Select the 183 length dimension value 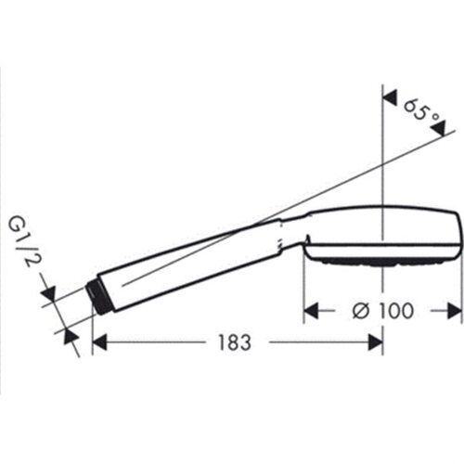pyautogui.click(x=235, y=342)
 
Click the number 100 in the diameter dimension pyautogui.click(x=395, y=311)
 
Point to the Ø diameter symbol pyautogui.click(x=360, y=311)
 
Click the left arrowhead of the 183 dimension pyautogui.click(x=99, y=342)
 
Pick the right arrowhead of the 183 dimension pyautogui.click(x=376, y=342)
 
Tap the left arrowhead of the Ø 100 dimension pyautogui.click(x=311, y=311)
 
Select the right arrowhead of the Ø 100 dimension pyautogui.click(x=455, y=311)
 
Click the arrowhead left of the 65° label pyautogui.click(x=391, y=97)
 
